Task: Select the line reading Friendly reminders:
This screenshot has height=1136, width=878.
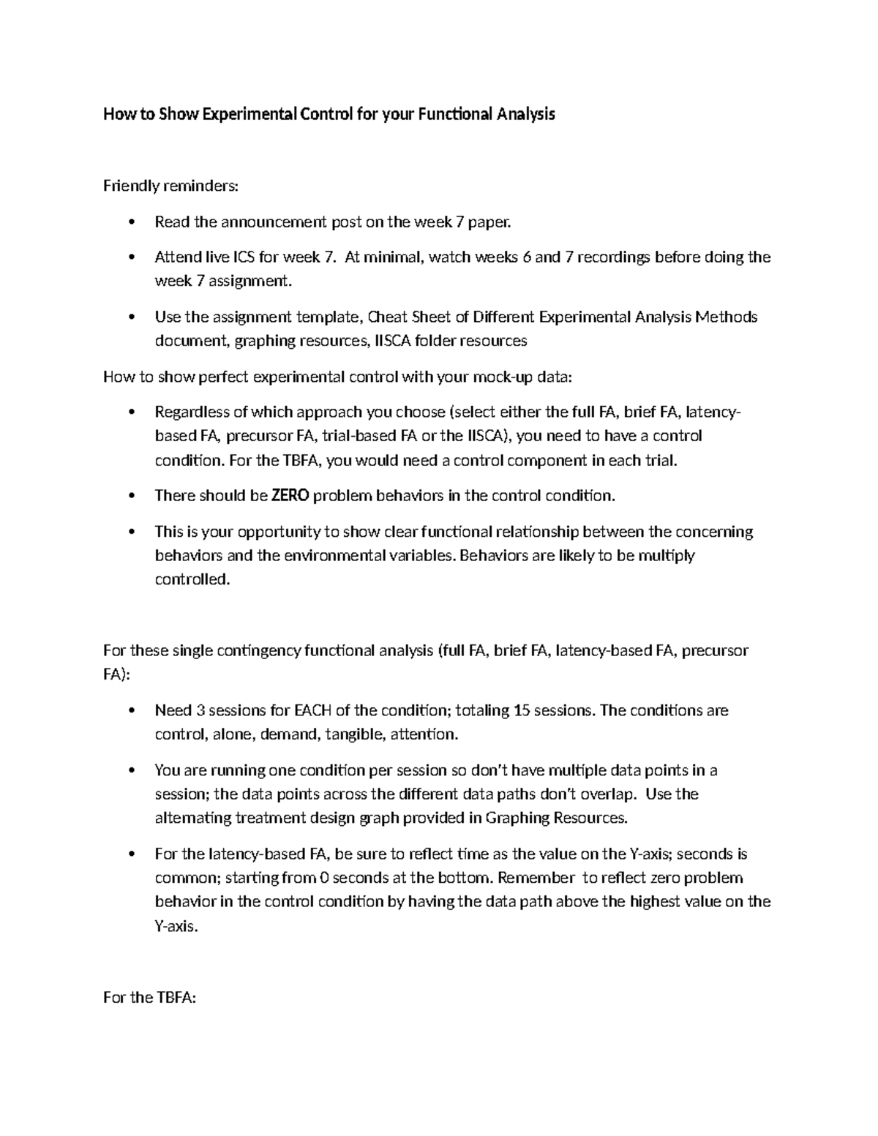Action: (x=170, y=186)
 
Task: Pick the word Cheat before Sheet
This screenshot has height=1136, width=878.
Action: (x=388, y=317)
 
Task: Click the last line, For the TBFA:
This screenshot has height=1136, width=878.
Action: (x=150, y=998)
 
